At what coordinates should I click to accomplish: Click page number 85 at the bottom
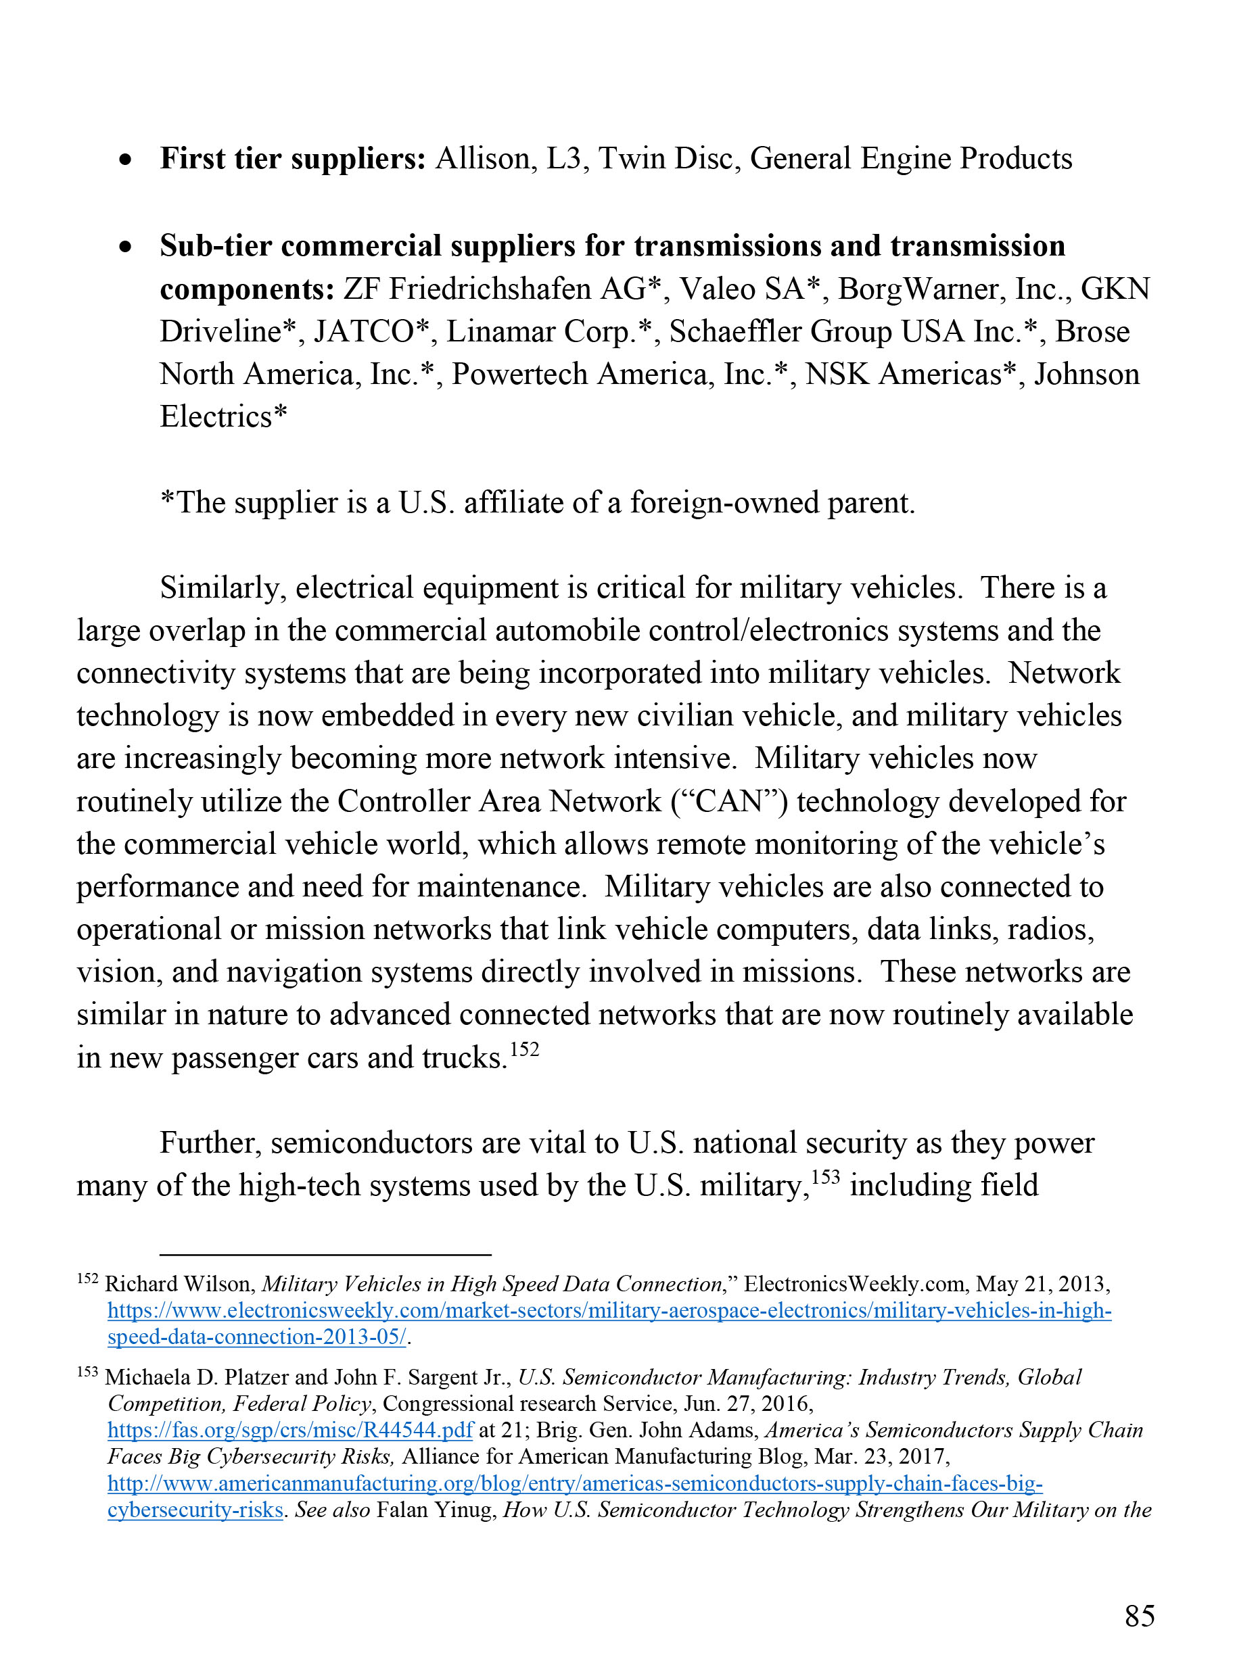pos(1140,1616)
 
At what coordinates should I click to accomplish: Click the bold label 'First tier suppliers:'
pos(292,159)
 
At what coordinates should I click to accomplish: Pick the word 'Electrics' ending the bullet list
pos(216,417)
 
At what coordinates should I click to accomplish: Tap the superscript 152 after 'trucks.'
pos(524,1050)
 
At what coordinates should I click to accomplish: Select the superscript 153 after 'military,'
pos(825,1178)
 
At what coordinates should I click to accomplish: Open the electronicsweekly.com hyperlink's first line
pos(609,1311)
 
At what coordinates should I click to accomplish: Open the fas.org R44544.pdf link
pos(290,1431)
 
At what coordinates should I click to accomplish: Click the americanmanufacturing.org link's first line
pos(575,1483)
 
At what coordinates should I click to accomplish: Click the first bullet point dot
pos(126,161)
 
